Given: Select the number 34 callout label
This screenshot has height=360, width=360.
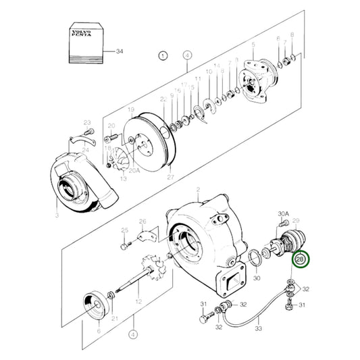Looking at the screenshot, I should (x=120, y=51).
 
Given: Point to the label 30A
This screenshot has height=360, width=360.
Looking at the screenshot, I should (x=283, y=215).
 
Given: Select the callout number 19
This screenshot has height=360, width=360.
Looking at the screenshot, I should (x=132, y=109).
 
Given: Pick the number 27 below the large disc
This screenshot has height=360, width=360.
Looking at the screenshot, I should (x=170, y=178).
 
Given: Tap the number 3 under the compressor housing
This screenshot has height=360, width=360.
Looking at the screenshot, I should (x=57, y=215).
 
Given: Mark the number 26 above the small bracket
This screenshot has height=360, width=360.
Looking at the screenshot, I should (x=142, y=222).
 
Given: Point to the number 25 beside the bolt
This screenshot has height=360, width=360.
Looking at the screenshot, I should (x=124, y=231).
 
